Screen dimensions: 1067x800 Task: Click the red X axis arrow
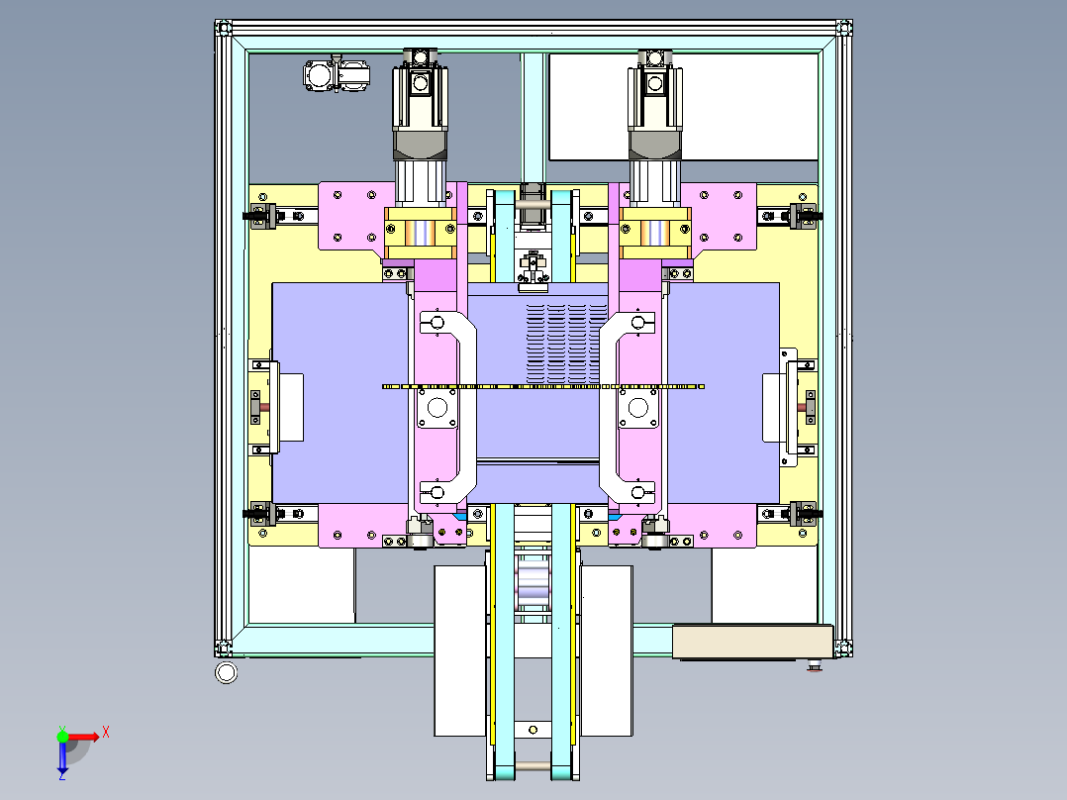pos(84,737)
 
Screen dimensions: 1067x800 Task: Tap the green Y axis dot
pos(62,736)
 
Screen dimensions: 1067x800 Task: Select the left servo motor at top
pos(420,126)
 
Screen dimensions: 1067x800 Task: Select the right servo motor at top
pos(654,126)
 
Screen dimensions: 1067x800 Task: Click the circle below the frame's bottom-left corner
pos(226,672)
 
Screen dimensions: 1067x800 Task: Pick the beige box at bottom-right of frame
pos(752,642)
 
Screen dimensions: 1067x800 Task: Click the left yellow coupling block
pos(420,233)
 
